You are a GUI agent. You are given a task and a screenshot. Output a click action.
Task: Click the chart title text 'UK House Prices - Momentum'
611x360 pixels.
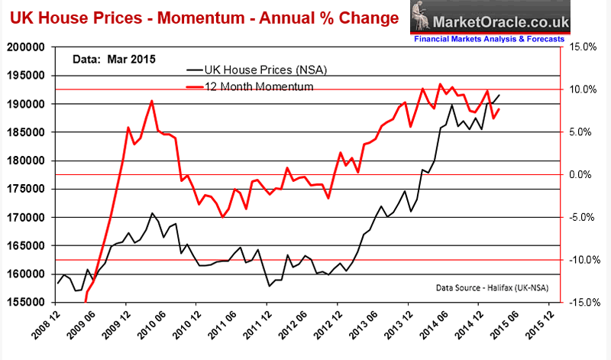point(108,16)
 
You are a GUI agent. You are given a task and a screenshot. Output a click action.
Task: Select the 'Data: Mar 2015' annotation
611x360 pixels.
point(113,57)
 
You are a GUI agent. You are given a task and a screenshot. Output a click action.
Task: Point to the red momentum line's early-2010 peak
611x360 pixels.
point(152,101)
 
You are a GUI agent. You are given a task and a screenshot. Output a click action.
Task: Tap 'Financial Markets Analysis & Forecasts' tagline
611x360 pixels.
point(489,37)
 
